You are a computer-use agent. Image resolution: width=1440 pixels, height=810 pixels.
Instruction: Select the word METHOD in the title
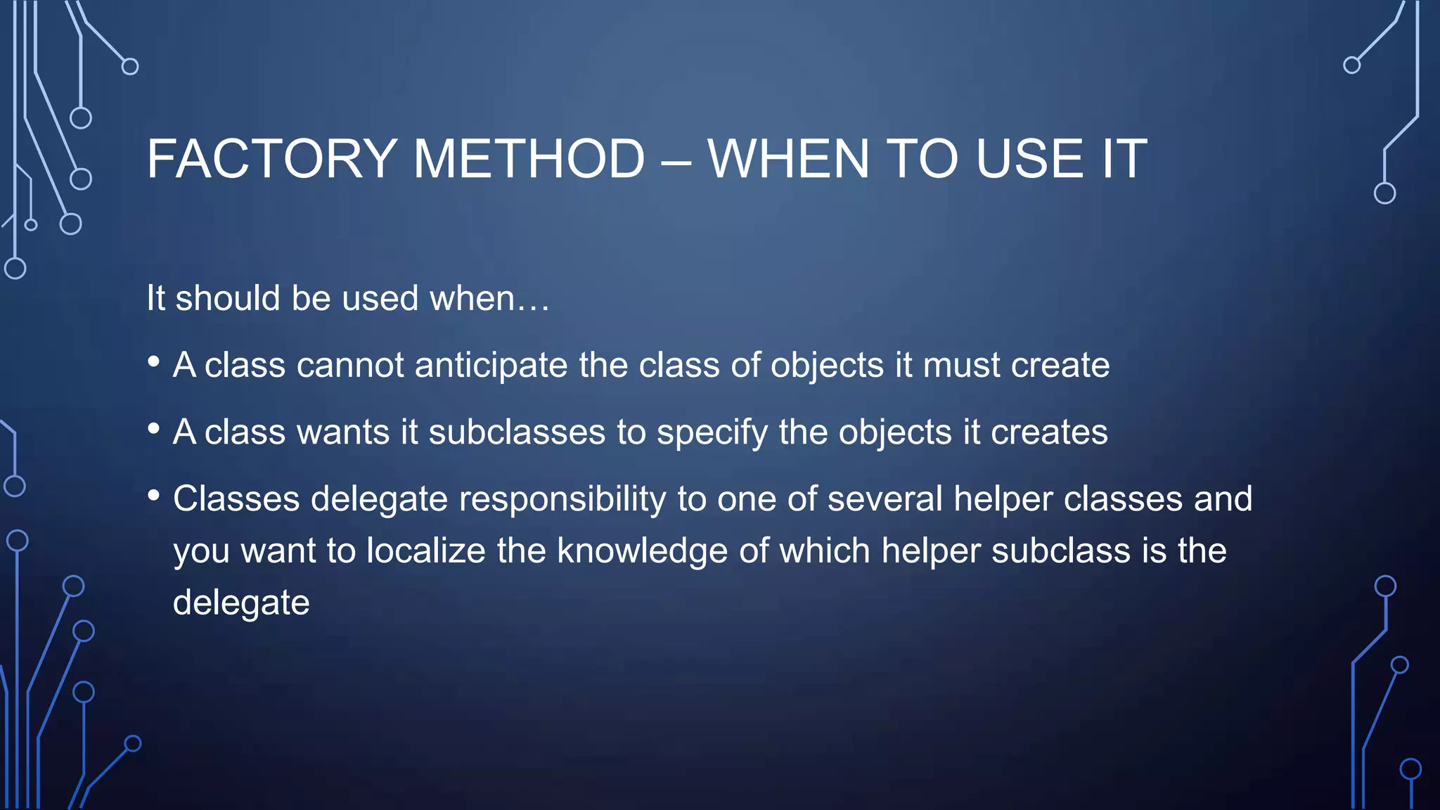(x=529, y=159)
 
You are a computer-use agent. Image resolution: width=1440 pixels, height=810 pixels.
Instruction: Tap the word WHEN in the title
(x=788, y=159)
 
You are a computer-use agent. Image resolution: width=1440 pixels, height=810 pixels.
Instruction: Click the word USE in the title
(x=1030, y=159)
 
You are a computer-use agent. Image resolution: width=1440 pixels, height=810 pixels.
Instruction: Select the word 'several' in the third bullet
(x=885, y=499)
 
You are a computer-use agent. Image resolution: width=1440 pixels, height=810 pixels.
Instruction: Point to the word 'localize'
(x=426, y=551)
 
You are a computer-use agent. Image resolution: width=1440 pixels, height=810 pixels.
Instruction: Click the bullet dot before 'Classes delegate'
(x=154, y=496)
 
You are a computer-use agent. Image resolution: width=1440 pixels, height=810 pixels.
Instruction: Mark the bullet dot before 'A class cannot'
(x=154, y=362)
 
